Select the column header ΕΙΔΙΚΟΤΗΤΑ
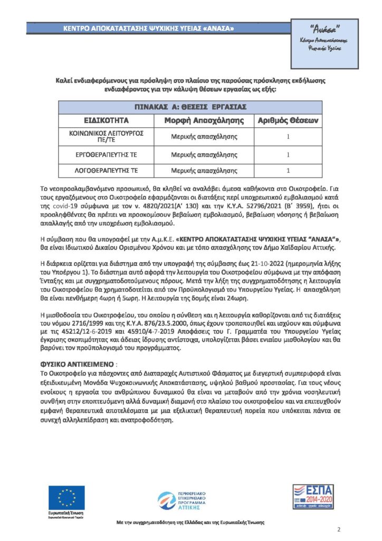coord(107,120)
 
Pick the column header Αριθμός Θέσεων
coord(288,120)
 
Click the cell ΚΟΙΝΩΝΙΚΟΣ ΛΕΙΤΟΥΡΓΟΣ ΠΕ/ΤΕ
coord(107,137)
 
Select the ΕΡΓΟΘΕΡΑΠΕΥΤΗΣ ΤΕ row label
coord(107,155)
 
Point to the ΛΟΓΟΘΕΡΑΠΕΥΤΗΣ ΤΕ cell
coord(107,171)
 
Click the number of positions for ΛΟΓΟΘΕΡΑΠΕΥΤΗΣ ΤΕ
coord(288,171)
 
